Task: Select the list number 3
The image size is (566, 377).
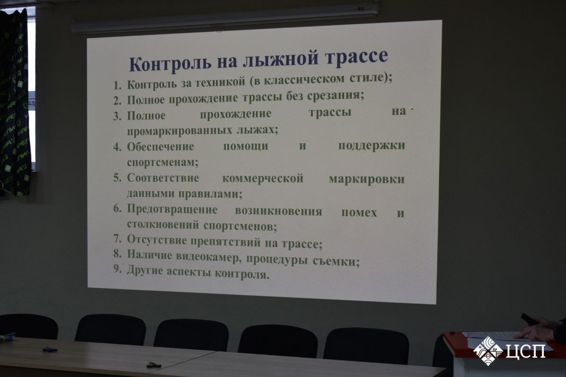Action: coord(117,116)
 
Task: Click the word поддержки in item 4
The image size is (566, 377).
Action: coord(372,146)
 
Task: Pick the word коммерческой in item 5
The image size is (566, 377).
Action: coord(263,179)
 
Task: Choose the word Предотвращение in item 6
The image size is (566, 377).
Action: coord(172,210)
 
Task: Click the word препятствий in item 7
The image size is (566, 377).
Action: coord(225,242)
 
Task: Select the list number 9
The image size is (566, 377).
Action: coord(117,269)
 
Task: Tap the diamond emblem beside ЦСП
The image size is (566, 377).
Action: coord(488,351)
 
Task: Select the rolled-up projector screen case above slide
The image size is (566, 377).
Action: coord(225,18)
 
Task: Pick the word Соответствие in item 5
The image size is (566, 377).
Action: coord(163,178)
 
